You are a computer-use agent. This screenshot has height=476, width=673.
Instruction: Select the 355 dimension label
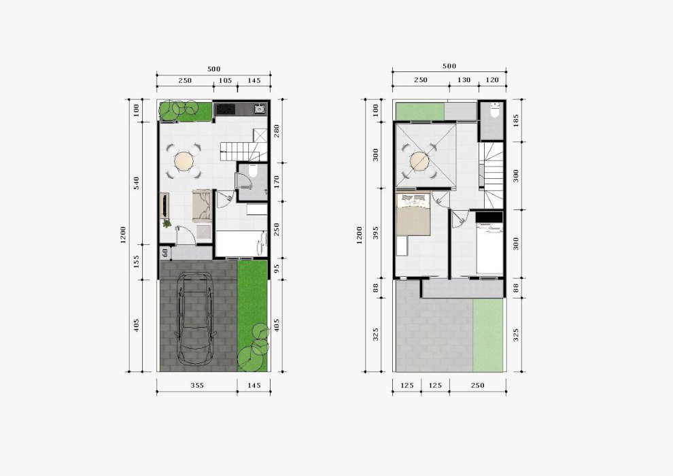point(197,386)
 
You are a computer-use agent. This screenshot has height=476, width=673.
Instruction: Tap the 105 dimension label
point(225,80)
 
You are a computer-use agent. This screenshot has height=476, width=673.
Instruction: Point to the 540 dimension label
point(137,184)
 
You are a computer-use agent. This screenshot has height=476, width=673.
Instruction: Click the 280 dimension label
point(277,131)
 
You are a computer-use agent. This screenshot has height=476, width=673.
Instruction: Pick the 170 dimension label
point(277,182)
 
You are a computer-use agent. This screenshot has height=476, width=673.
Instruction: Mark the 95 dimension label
point(277,268)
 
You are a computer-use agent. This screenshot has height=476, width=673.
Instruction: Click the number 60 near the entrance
point(165,253)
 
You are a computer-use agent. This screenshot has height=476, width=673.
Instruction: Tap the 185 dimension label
point(515,120)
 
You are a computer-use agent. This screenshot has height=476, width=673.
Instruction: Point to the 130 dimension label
point(464,80)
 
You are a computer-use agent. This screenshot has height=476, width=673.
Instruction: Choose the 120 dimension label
point(492,80)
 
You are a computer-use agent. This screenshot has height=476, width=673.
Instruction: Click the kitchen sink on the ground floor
point(259,109)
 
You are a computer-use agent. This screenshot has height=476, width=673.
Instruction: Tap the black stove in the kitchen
point(226,109)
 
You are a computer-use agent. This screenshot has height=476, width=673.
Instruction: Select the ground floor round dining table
point(184,161)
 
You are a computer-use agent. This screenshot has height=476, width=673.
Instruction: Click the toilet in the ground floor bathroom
point(252,171)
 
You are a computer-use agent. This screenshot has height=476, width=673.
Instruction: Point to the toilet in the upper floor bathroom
point(494,111)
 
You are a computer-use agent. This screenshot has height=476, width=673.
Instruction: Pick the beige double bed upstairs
point(413,214)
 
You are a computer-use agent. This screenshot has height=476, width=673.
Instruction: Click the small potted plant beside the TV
point(167,223)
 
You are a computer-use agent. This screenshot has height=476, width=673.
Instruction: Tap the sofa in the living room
point(202,206)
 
